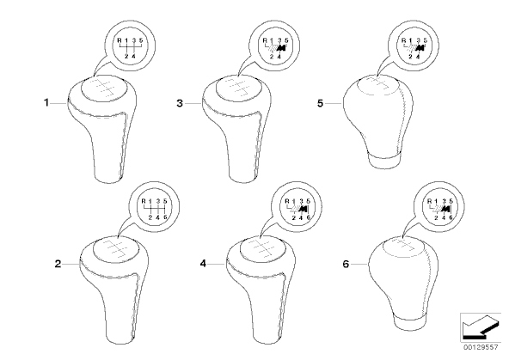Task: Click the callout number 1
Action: (x=46, y=103)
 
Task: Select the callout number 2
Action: (x=58, y=264)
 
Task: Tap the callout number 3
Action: (x=180, y=103)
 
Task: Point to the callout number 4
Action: (x=203, y=264)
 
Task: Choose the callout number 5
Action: (x=321, y=103)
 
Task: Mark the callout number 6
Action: (x=346, y=264)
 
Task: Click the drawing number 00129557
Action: (x=481, y=347)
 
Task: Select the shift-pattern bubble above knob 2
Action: (x=154, y=208)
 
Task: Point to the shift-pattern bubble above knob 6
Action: (x=438, y=208)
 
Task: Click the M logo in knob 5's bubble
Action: (x=420, y=48)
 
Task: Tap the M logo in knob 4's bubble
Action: (x=304, y=209)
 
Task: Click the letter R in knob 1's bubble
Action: (x=120, y=40)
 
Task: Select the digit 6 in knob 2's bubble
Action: (x=165, y=217)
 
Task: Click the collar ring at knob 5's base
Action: (x=384, y=160)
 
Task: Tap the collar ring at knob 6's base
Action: (x=408, y=321)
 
